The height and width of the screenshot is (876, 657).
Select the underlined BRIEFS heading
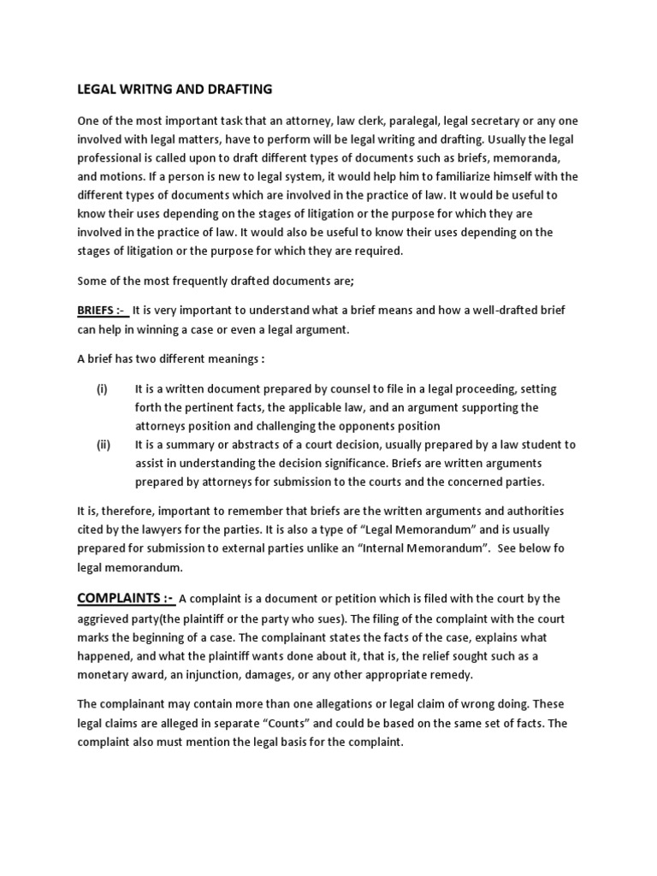click(101, 311)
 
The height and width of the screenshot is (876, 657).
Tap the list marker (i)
click(102, 388)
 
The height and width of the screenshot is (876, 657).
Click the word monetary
click(104, 675)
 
